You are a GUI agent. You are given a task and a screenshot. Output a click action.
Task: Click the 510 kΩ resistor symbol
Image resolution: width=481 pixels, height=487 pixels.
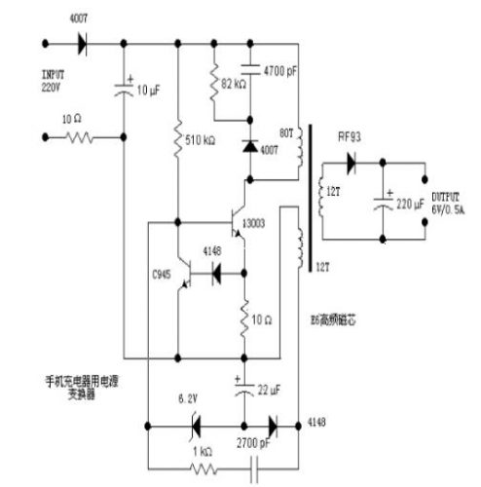178,139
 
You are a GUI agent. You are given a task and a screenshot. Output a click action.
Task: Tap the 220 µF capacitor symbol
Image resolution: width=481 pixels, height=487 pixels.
387,206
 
